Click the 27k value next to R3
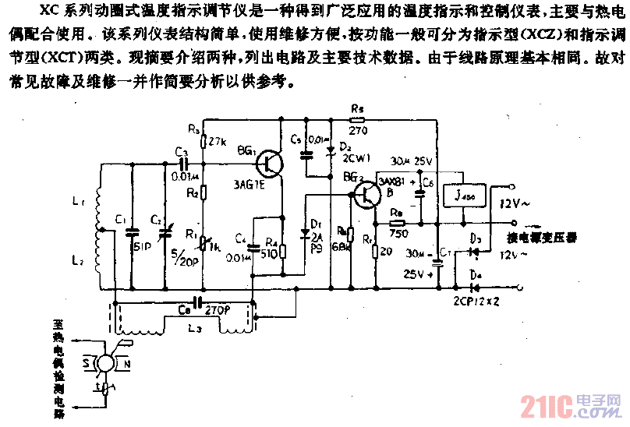[218, 142]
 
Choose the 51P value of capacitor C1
[140, 249]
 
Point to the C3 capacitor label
[181, 150]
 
